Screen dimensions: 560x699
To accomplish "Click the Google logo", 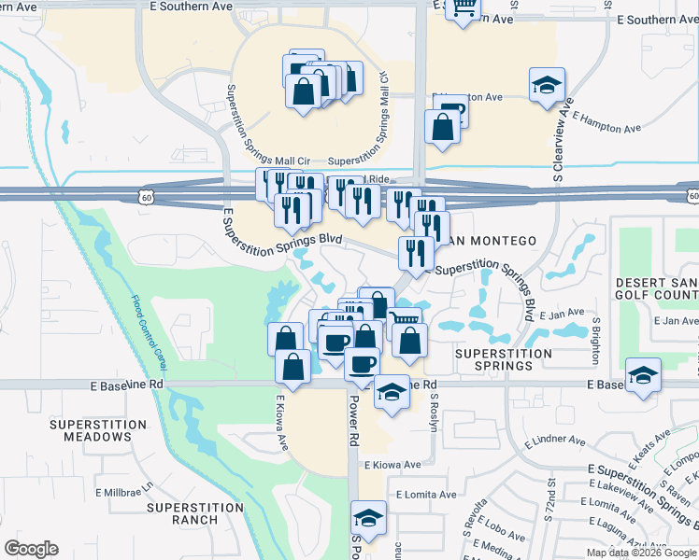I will pyautogui.click(x=32, y=548).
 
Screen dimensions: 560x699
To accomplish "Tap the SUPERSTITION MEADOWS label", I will pyautogui.click(x=99, y=430).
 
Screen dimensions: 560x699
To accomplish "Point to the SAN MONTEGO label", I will pyautogui.click(x=491, y=241).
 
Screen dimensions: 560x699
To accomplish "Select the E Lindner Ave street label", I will pyautogui.click(x=555, y=441).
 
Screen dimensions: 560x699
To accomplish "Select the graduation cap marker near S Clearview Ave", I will pyautogui.click(x=546, y=87).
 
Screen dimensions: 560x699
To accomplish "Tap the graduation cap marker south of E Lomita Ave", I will pyautogui.click(x=369, y=518).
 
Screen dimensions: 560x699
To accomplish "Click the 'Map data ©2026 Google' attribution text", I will pyautogui.click(x=641, y=553).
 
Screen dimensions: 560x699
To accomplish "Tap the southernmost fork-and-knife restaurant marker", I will pyautogui.click(x=414, y=253).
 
